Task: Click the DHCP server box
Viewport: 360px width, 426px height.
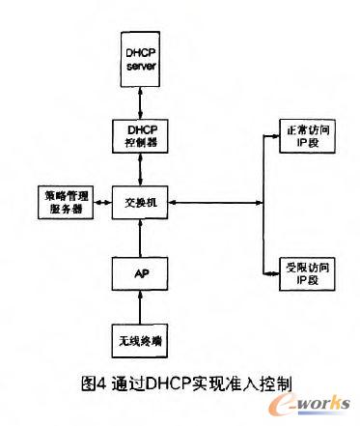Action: point(142,57)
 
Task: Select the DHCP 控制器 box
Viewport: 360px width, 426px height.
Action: point(142,135)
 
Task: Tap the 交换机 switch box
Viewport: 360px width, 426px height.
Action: point(142,203)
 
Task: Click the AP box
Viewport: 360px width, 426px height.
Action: point(142,272)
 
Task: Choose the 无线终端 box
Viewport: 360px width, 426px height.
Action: point(142,340)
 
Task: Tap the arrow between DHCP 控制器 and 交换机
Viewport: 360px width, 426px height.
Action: point(142,169)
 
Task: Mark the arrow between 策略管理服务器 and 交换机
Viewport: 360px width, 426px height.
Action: point(103,204)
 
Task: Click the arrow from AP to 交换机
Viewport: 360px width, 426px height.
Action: point(142,238)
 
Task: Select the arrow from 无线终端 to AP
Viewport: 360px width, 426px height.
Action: point(142,307)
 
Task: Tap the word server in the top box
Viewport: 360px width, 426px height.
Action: point(142,64)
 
